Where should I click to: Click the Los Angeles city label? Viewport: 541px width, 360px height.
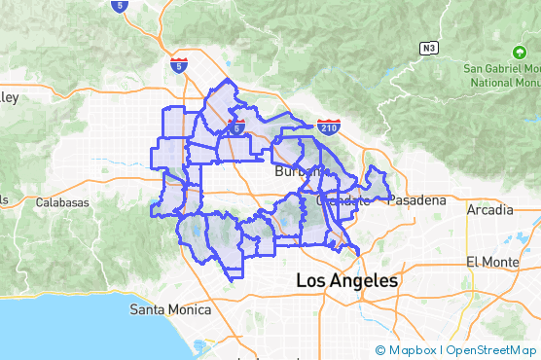tap(346, 280)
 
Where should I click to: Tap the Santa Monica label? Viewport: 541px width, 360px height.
tap(170, 309)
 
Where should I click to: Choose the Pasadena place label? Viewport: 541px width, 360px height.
tap(417, 200)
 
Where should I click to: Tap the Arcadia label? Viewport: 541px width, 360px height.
tap(489, 209)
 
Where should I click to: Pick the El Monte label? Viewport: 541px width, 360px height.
tap(487, 262)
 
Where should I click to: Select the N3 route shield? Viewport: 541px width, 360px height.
tap(428, 47)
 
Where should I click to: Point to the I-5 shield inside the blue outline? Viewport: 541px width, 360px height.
tap(236, 126)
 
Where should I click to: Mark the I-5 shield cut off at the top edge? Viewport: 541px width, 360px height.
tap(119, 5)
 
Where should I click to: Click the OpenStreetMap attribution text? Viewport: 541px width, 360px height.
tap(490, 350)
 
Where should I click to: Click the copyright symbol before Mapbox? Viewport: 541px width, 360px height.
tap(379, 350)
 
